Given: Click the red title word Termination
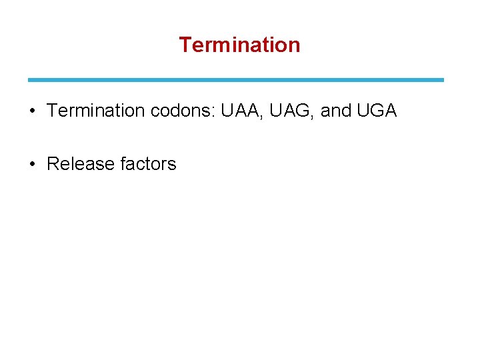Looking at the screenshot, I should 239,45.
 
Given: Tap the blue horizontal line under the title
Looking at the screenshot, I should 235,80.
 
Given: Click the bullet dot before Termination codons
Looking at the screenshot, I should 32,111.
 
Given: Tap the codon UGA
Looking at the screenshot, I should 377,111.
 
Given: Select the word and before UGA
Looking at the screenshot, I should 336,111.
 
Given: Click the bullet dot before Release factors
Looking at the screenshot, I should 32,164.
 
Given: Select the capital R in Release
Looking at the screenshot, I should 53,164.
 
